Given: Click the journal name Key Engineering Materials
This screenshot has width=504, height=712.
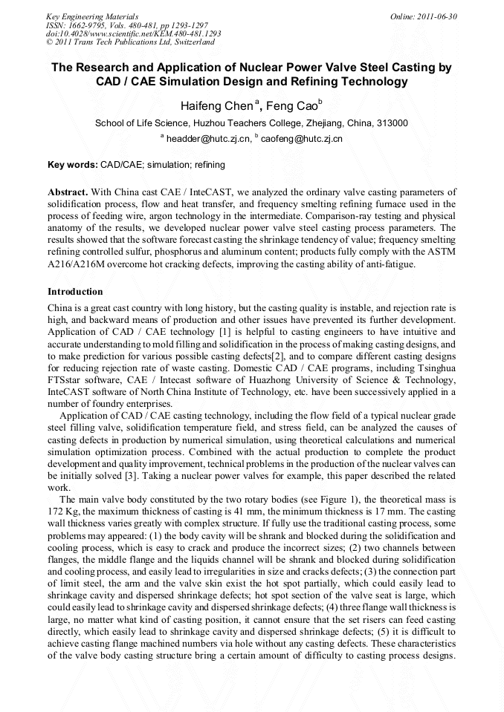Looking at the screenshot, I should tap(91, 16).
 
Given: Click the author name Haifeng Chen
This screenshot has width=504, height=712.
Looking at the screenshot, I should tap(216, 106).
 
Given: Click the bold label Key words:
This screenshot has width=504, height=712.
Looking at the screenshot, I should tap(72, 165).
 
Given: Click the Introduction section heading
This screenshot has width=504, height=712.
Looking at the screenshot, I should tap(75, 292).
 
